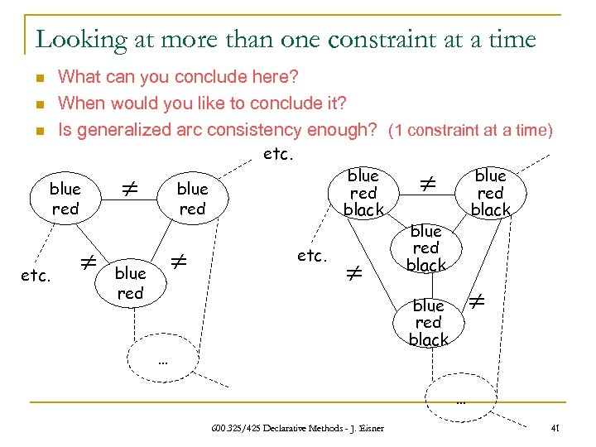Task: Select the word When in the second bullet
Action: [x=80, y=103]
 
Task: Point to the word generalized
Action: [x=119, y=130]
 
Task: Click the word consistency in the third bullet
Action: [x=260, y=130]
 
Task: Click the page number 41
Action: [x=555, y=428]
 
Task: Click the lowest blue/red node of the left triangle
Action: [x=130, y=283]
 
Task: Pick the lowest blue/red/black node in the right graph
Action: [x=428, y=323]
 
